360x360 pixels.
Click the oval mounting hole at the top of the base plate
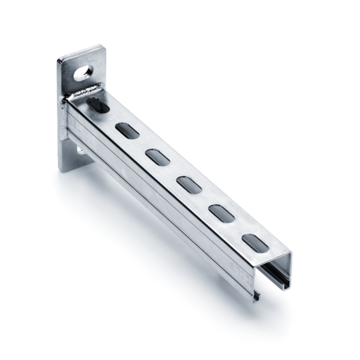(83, 72)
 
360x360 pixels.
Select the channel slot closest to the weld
(97, 105)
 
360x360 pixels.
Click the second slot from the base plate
(125, 130)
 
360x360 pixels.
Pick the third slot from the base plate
(156, 156)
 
